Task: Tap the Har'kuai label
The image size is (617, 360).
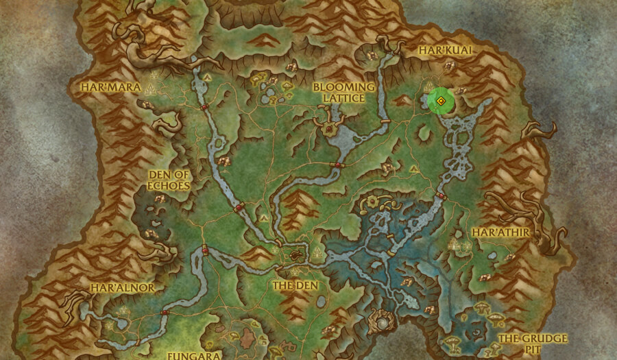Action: point(445,51)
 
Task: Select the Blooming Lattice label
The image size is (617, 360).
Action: point(344,93)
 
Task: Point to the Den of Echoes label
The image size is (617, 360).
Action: point(169,180)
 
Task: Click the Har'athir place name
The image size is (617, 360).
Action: point(500,232)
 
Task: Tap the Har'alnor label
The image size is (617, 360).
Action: point(123,287)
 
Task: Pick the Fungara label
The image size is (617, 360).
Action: point(194,355)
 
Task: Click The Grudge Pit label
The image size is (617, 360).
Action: point(533,344)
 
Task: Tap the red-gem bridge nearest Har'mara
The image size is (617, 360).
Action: point(204,108)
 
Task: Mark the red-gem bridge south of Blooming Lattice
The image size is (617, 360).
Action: point(337,165)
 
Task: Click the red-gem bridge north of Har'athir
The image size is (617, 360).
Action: point(441,196)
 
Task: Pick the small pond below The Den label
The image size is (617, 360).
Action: point(320,301)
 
